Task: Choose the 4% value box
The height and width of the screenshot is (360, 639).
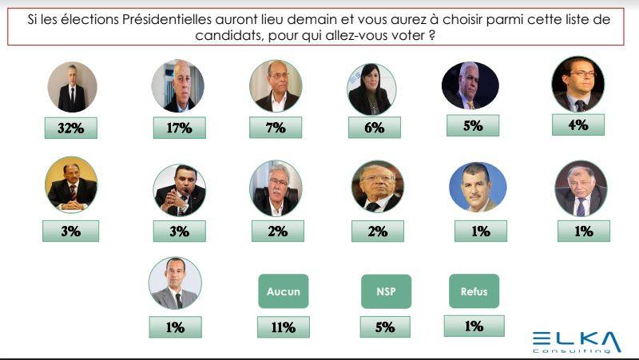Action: pos(577,125)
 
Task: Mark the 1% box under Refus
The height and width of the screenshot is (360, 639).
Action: pos(474,325)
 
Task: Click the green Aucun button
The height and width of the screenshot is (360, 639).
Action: pos(283,291)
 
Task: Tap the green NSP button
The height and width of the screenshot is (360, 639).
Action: pos(386,291)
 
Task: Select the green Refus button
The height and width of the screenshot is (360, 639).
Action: pos(474,291)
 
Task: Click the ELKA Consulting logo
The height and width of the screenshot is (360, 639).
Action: pos(576,342)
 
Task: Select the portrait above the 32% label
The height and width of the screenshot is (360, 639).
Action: pos(72,86)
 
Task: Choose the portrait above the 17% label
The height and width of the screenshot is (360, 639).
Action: pos(177,85)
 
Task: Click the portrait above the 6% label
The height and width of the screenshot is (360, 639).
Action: pos(371,89)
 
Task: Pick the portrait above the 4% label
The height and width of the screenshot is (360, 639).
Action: pos(577,83)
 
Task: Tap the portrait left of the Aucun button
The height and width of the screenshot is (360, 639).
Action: pos(175,283)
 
